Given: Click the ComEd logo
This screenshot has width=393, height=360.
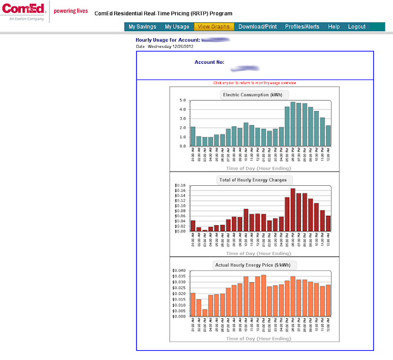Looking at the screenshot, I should point(24,12).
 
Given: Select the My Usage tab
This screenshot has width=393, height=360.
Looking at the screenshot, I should point(177,27).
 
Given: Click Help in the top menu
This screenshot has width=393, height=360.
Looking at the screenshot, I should point(333,27).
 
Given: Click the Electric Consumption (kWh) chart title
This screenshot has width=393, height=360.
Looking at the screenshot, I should point(253,95).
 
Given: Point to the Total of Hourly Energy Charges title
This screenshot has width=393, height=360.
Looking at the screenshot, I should point(253,180).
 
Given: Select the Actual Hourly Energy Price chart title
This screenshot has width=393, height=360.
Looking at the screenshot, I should point(253,265).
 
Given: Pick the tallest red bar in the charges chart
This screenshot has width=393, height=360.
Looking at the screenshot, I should point(294,210).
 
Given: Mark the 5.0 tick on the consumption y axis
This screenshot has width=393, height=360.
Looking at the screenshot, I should point(182,100).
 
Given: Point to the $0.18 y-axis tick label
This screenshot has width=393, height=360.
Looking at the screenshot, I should point(180,185).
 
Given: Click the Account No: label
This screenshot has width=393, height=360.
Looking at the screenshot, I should point(209,62).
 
